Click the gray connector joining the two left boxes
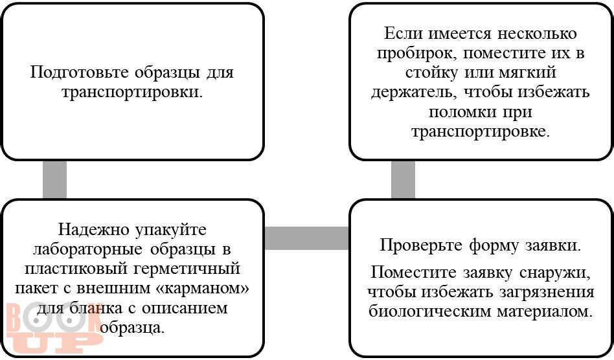(54, 179)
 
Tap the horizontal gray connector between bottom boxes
(306, 238)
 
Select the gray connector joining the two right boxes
(403, 179)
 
